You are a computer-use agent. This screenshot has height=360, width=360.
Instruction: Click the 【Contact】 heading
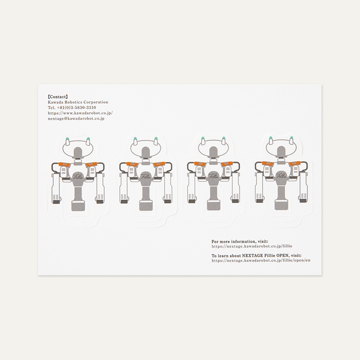point(58,97)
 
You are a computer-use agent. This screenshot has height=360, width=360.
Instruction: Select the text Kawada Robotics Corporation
point(78,102)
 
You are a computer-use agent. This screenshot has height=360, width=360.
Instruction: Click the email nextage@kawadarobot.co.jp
point(76,119)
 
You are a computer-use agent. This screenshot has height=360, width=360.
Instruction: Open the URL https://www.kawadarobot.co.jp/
point(81,113)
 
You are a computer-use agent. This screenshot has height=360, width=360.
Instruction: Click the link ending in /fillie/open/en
point(261,261)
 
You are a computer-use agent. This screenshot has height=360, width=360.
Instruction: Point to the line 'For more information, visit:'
point(240,242)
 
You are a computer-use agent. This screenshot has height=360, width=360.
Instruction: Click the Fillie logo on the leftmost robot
point(77,176)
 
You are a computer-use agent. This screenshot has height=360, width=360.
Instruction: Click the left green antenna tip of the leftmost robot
point(67,139)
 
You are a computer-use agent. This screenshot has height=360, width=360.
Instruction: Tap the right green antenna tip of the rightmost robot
point(292,138)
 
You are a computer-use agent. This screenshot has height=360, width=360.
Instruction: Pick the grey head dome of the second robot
point(145,152)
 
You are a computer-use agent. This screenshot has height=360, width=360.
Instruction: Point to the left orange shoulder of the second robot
point(132,164)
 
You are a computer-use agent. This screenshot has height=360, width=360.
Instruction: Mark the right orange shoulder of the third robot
point(227,164)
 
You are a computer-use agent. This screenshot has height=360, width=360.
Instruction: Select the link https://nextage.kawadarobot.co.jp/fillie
point(252,246)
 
